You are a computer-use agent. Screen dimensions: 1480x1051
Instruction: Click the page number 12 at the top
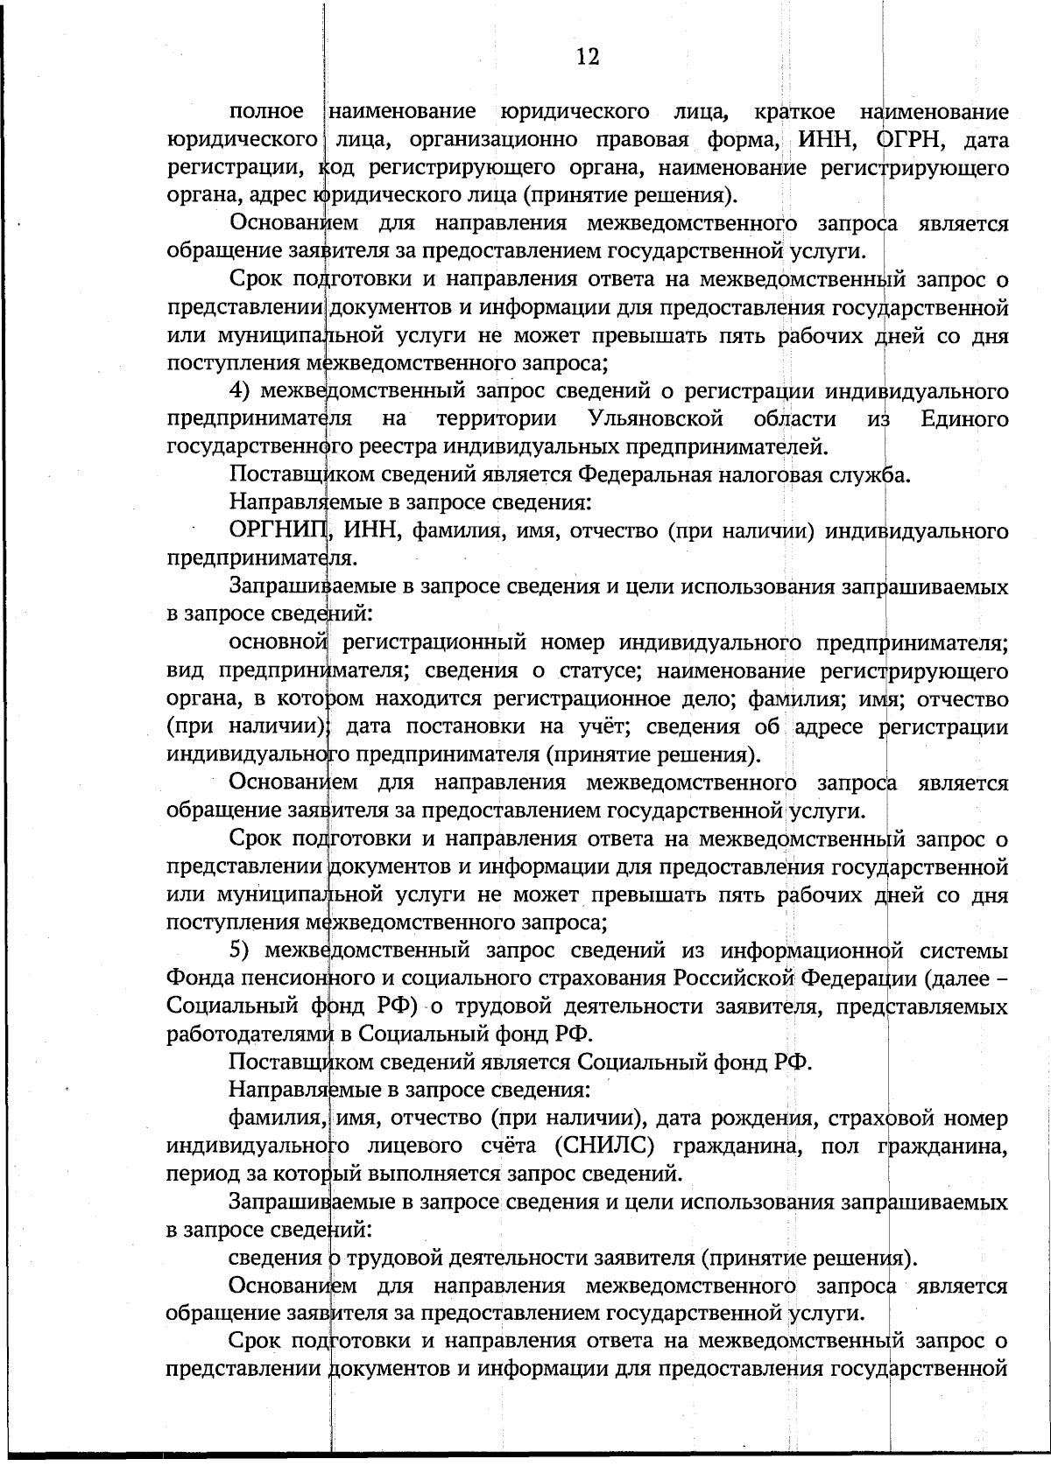tap(588, 58)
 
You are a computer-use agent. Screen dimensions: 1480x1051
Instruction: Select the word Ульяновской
tap(655, 419)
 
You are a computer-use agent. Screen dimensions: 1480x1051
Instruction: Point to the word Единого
tap(964, 419)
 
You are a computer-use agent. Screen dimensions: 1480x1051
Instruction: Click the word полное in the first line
tap(266, 112)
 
